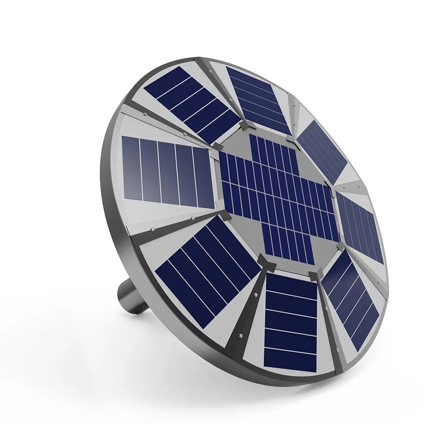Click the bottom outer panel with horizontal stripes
290,322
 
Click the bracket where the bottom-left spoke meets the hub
266,261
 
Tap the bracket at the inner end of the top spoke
244,125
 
